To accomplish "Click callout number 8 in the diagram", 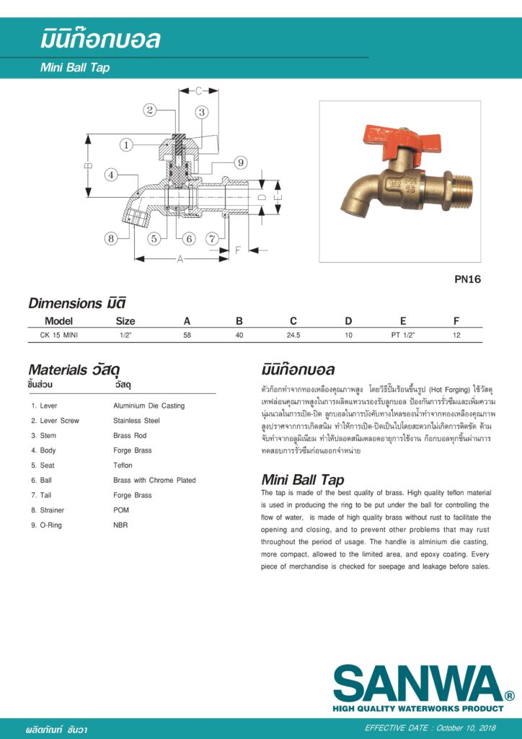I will click(x=110, y=238).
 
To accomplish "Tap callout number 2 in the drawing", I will click(x=150, y=110).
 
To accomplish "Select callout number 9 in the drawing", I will click(x=240, y=162).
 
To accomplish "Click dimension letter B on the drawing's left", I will click(x=88, y=165).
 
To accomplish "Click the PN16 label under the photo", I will click(x=468, y=280).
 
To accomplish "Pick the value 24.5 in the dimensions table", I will click(x=293, y=336).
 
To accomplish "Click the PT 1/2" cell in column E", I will click(x=403, y=336).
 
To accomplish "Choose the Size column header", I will click(x=125, y=321).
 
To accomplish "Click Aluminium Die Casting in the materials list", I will click(x=149, y=406).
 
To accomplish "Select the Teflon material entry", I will click(x=123, y=465).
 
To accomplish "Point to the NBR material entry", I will click(x=120, y=525).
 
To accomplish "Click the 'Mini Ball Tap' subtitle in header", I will click(x=75, y=69).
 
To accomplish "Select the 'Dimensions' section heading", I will click(x=65, y=303).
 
